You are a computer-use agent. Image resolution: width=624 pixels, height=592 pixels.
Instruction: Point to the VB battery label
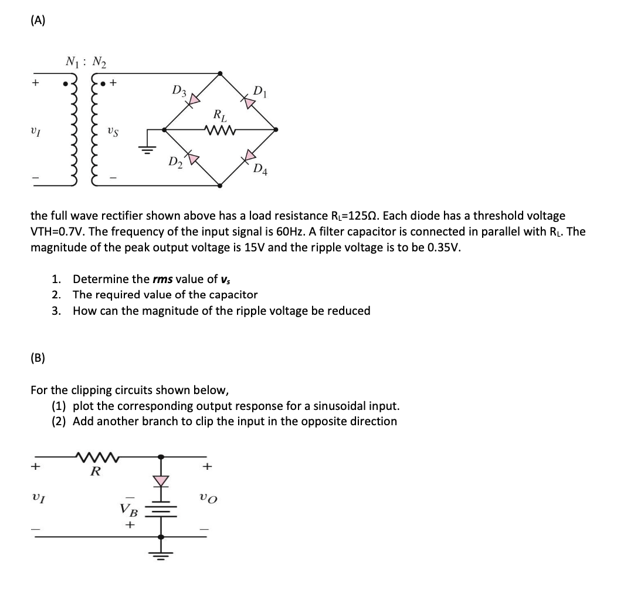127,509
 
